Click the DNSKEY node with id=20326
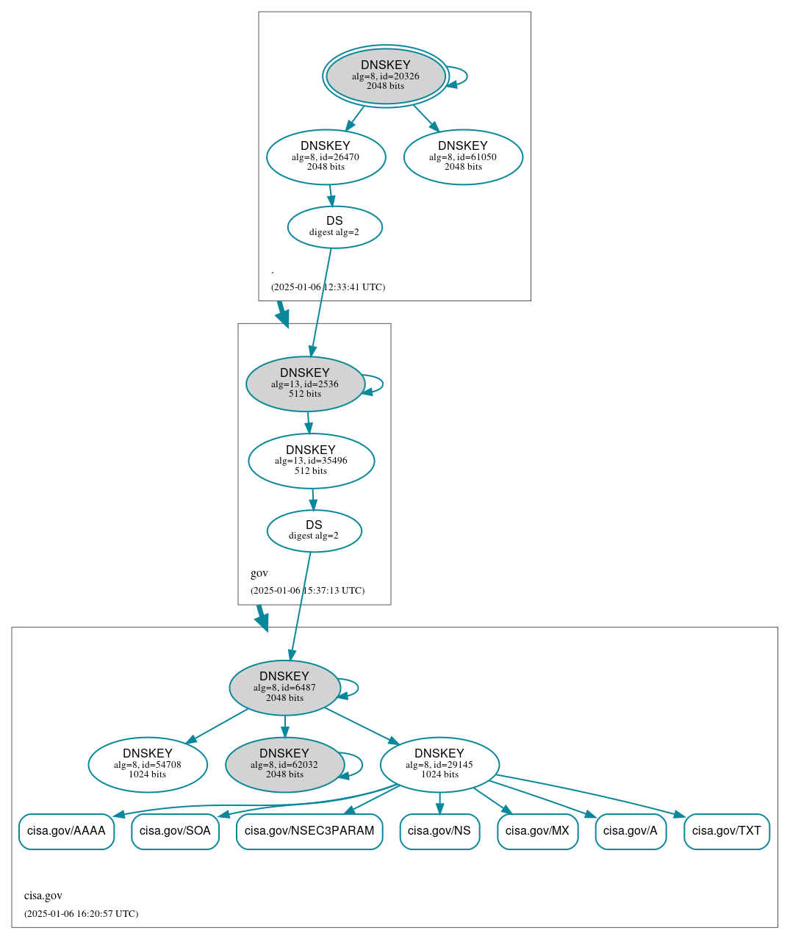click(385, 76)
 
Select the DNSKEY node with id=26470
click(326, 156)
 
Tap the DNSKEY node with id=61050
click(463, 156)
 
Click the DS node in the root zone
click(334, 227)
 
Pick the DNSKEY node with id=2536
click(305, 384)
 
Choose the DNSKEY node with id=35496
click(311, 461)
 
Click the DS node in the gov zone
click(314, 530)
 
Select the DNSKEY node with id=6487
click(284, 687)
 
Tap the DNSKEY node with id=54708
click(148, 764)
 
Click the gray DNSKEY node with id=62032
click(284, 764)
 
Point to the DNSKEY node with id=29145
click(439, 764)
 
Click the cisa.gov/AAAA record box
click(66, 831)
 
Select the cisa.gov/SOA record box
click(175, 831)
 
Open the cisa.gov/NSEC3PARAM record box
click(309, 831)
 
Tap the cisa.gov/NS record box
click(439, 831)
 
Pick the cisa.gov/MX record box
click(537, 831)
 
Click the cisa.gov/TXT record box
click(726, 831)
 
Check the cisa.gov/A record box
click(631, 831)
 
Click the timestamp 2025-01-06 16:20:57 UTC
click(81, 914)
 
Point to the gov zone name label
click(259, 573)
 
